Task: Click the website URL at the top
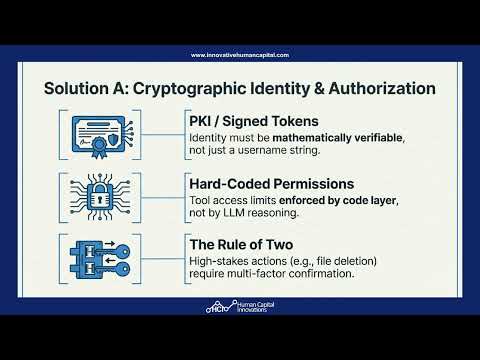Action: pos(240,55)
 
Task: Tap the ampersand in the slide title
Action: pos(318,89)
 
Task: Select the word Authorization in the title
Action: pos(382,89)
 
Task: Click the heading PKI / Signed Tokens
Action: pos(254,121)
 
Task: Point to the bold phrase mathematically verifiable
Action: pos(337,138)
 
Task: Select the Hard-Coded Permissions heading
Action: pos(272,184)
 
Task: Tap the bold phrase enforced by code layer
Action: pos(338,200)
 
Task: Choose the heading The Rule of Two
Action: pos(241,245)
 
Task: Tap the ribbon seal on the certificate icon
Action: pos(99,146)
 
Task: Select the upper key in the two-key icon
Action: pos(115,251)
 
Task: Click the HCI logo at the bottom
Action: pos(240,307)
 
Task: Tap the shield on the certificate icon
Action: pos(114,139)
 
